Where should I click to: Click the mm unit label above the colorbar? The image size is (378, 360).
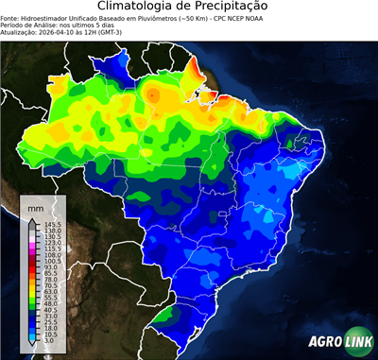[36, 206]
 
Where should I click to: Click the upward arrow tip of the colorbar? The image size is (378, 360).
[32, 217]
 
